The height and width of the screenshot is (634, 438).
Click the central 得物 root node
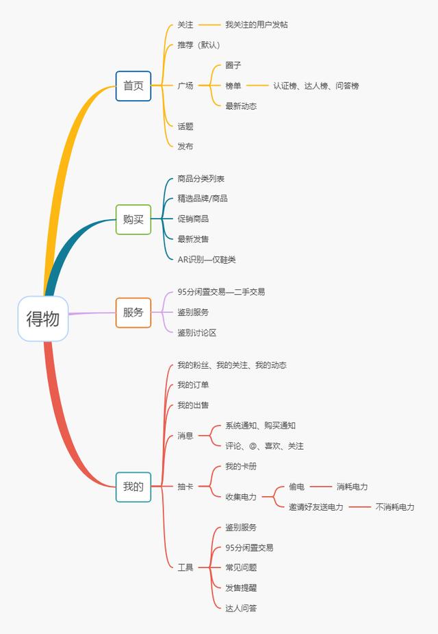(x=43, y=319)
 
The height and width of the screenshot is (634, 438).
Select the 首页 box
(x=133, y=86)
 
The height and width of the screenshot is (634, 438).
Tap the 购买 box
(x=133, y=219)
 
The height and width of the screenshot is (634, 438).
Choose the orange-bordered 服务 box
(x=133, y=313)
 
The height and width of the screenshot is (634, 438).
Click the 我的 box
(x=133, y=487)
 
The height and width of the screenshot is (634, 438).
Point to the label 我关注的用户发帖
(x=257, y=25)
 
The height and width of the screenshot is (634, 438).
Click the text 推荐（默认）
(x=198, y=45)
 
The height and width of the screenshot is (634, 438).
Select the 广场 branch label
(x=185, y=86)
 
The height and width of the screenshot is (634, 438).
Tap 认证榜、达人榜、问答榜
(x=316, y=86)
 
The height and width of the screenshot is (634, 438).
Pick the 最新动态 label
(x=241, y=106)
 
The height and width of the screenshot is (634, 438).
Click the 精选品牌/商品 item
(x=203, y=199)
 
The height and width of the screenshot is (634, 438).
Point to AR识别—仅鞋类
(x=207, y=260)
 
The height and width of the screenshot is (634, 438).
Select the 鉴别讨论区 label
(x=197, y=333)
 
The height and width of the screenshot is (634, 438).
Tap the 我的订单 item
(x=193, y=385)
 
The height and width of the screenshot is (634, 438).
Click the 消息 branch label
(x=185, y=436)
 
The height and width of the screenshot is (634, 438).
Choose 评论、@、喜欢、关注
(x=264, y=446)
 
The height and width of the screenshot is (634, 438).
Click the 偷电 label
(x=297, y=487)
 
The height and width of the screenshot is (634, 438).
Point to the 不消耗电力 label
(x=395, y=507)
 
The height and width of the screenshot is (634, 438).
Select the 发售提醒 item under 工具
(x=241, y=588)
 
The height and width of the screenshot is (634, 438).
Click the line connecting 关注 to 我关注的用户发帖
(x=210, y=25)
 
